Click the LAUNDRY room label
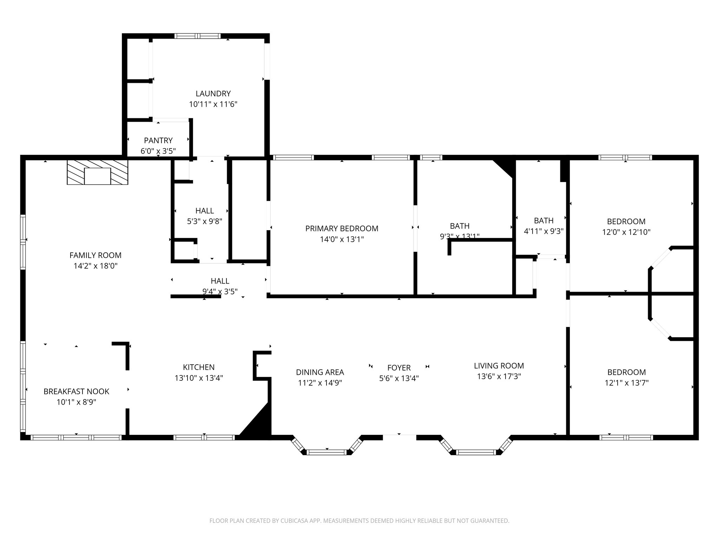[x=213, y=94]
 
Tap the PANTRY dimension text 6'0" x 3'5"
[x=158, y=151]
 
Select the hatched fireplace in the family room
[x=98, y=172]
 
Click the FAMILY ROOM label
[x=95, y=255]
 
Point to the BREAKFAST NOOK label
[x=77, y=391]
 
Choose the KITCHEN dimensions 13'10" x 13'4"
[x=199, y=378]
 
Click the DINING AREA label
[x=320, y=372]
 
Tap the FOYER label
[x=399, y=368]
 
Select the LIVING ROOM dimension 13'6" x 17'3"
[x=499, y=377]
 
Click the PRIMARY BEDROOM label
[x=342, y=229]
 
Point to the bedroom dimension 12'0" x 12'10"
[x=626, y=232]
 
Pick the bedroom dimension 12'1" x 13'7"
[x=626, y=383]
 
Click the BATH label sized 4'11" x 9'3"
[x=543, y=221]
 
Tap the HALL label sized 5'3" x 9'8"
[x=204, y=211]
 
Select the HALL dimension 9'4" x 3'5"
[x=220, y=291]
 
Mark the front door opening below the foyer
[x=399, y=437]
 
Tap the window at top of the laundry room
[x=198, y=36]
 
